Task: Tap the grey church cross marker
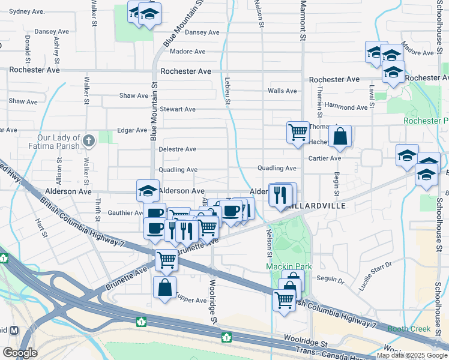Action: click(x=89, y=140)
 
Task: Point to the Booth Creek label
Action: click(x=409, y=328)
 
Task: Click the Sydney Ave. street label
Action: click(x=27, y=11)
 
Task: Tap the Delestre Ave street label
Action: click(x=177, y=149)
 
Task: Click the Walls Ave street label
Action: click(x=282, y=91)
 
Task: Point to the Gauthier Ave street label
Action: click(x=124, y=213)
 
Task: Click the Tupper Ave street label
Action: click(x=191, y=299)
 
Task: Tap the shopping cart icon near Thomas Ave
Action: click(x=298, y=132)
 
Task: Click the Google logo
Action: click(x=20, y=353)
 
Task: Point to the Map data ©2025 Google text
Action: click(x=412, y=355)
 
